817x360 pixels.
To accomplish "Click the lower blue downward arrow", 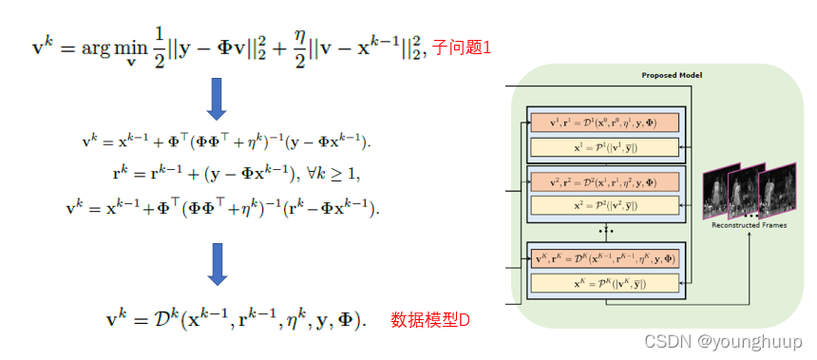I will click(217, 263).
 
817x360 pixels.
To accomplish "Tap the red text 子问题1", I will click(462, 46).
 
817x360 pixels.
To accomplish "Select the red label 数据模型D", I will click(430, 321).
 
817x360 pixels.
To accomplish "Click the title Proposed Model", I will click(673, 75).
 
